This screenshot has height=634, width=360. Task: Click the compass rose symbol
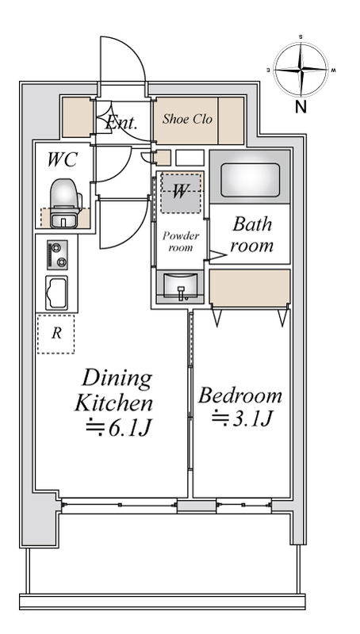click(x=301, y=70)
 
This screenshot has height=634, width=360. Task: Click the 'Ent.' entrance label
click(x=122, y=122)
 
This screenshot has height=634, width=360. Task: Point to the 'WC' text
click(x=61, y=159)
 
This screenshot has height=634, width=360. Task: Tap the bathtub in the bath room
click(x=250, y=180)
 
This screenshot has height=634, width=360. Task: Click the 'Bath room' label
click(x=251, y=235)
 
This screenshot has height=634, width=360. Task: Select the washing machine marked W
click(x=182, y=191)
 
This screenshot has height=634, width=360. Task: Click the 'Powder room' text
click(x=181, y=241)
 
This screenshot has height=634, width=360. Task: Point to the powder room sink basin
click(x=182, y=286)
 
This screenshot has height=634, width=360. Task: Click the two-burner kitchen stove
click(x=56, y=255)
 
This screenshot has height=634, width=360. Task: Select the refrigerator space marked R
click(x=56, y=334)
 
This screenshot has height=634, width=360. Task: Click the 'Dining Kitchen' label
click(x=113, y=390)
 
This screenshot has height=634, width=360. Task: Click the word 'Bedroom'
click(x=240, y=395)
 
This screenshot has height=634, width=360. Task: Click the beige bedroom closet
click(x=250, y=288)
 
